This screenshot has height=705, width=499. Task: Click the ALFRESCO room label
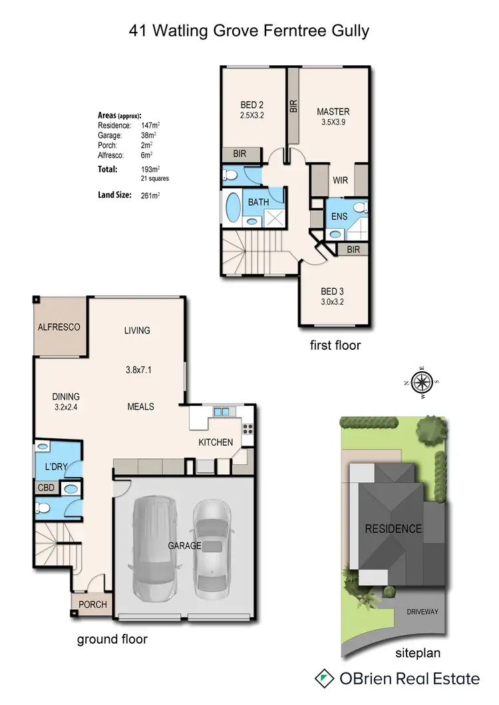point(59,327)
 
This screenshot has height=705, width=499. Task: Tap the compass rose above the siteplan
point(422,382)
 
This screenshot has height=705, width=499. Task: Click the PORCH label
point(92,605)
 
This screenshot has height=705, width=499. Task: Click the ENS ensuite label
point(338,217)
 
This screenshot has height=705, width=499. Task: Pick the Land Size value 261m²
point(150,196)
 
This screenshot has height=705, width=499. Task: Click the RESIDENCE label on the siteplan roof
point(393,529)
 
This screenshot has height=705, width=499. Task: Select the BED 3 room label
point(333,291)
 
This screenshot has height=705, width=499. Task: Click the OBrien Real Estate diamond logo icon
point(324,678)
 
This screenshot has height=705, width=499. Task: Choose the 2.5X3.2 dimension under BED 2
point(252,115)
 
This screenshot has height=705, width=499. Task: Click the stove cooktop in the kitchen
point(248,429)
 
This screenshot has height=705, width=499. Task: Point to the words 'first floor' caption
point(335,345)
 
